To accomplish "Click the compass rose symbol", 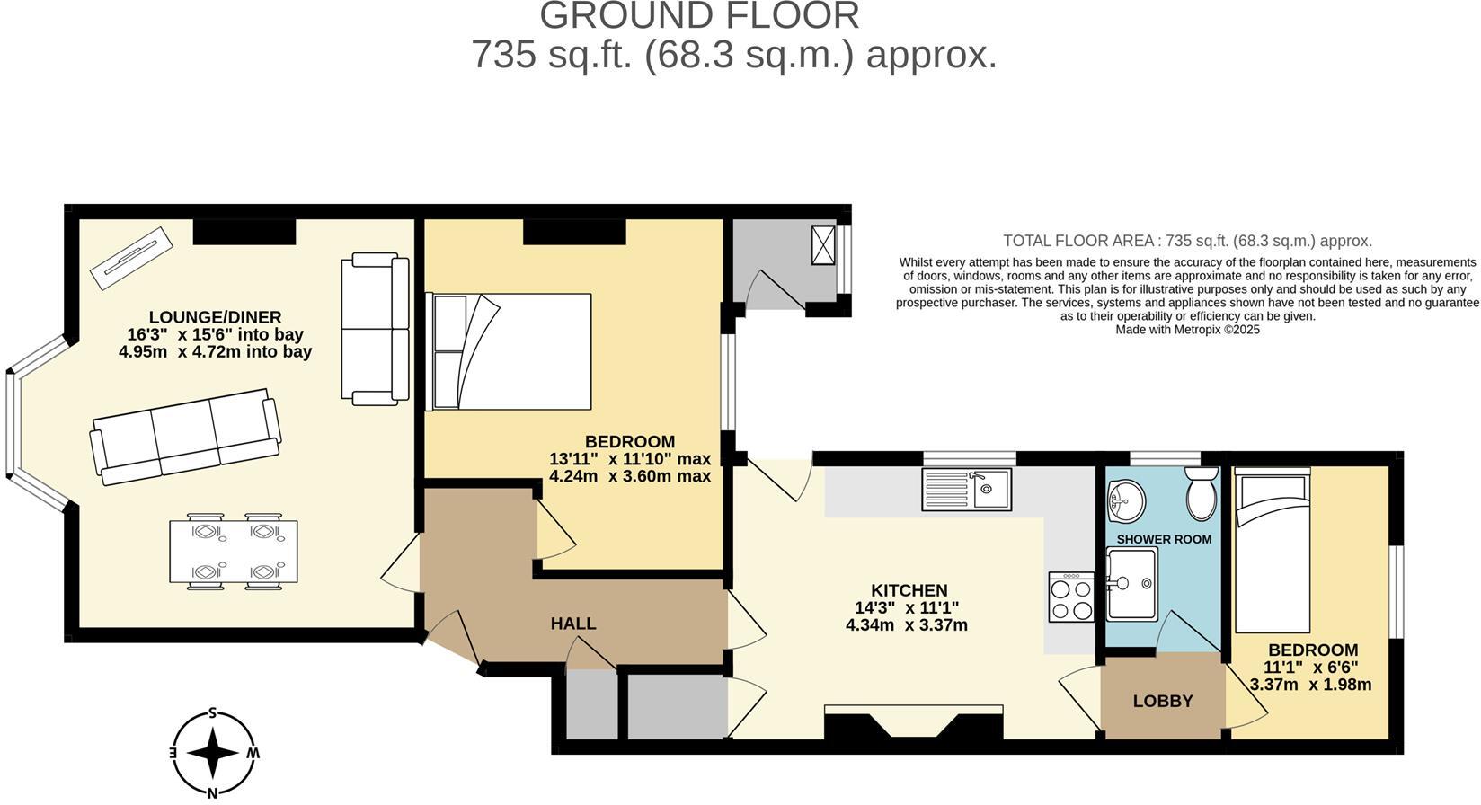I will (213, 753).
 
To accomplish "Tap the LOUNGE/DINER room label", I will (215, 317).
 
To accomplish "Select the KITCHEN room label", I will (909, 590).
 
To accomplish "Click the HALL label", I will (572, 624).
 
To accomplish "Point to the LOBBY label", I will (1162, 701).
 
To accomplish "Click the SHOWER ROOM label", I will (1164, 539).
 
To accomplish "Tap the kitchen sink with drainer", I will (966, 490).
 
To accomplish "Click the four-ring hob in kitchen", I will (1071, 597).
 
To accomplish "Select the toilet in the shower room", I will (1201, 493).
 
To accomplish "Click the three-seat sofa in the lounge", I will (185, 437).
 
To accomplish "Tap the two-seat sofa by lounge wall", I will (375, 328).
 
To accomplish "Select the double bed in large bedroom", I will (510, 351).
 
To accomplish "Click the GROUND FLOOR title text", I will (699, 15).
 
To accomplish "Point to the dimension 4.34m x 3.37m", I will (906, 625).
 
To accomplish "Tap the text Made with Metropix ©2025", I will (1187, 330).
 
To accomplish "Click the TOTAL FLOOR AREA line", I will (1187, 241).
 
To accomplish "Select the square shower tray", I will (1131, 584).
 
